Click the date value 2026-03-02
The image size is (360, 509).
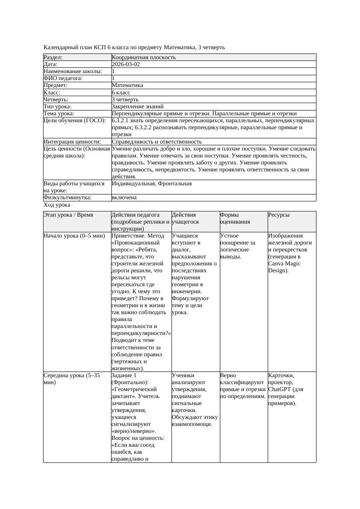[126, 64]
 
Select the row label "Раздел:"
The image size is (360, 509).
[53, 57]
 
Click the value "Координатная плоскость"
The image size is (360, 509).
[144, 57]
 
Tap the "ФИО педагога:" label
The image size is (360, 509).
[63, 78]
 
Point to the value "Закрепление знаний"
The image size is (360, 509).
[138, 106]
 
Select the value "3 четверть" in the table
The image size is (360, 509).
[125, 99]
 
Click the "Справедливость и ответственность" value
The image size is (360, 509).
[157, 141]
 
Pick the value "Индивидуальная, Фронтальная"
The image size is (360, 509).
[151, 184]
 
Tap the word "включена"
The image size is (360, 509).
[124, 198]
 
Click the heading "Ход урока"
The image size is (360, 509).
[57, 204]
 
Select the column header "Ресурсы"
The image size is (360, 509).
[279, 215]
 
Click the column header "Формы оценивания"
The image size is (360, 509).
[235, 218]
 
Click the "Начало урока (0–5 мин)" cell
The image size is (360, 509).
[74, 236]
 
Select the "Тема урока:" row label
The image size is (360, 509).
[59, 113]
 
